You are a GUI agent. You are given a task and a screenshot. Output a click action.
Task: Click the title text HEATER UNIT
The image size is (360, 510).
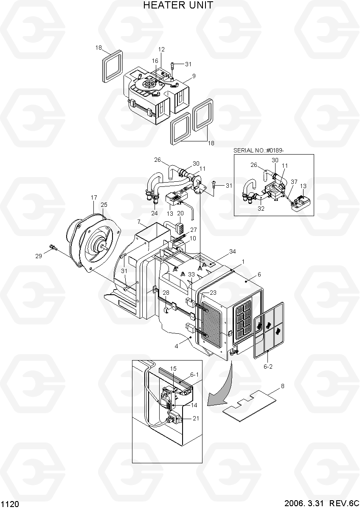178,5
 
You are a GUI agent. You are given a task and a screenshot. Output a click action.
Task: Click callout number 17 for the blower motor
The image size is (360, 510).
94,197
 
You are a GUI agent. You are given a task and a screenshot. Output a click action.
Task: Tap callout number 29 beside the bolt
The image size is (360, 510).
39,256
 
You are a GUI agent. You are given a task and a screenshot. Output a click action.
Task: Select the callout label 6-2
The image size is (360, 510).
268,366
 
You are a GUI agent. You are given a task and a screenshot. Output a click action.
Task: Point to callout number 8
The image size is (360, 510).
283,386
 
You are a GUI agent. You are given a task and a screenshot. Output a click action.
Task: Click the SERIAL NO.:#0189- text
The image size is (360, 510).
259,150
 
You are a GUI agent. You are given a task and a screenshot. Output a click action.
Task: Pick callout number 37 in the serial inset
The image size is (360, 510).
294,182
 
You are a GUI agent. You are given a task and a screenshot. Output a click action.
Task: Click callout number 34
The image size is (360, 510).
232,251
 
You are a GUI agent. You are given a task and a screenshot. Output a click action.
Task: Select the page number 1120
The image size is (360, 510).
10,504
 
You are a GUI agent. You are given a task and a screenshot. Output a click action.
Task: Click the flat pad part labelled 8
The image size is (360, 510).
249,406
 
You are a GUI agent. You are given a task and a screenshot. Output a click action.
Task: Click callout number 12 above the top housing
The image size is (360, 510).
161,49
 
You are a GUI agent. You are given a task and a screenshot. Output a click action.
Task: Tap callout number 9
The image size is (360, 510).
194,76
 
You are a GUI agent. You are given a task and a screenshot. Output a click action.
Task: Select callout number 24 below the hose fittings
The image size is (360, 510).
154,213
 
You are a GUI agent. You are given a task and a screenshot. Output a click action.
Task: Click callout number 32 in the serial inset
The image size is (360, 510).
261,209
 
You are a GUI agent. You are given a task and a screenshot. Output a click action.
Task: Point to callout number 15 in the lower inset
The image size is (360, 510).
173,369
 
